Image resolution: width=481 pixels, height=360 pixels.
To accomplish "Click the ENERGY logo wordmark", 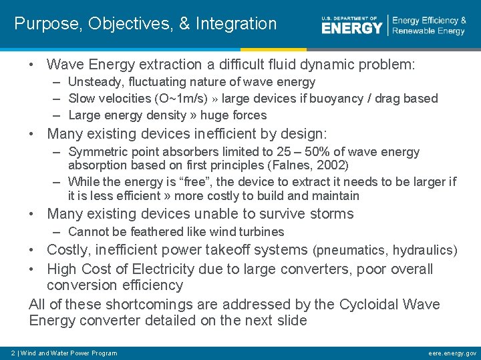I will (351, 26).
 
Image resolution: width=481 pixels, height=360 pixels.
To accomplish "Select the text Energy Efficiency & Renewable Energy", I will (429, 26).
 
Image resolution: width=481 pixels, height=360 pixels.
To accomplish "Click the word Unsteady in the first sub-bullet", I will (95, 82).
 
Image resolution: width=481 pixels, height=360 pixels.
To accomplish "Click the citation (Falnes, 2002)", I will (308, 165).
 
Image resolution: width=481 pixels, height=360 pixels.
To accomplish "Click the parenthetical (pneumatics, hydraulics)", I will (385, 251).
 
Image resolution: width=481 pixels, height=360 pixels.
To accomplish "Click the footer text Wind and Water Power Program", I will (69, 353).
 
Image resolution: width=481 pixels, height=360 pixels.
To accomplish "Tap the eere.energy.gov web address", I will (452, 353).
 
